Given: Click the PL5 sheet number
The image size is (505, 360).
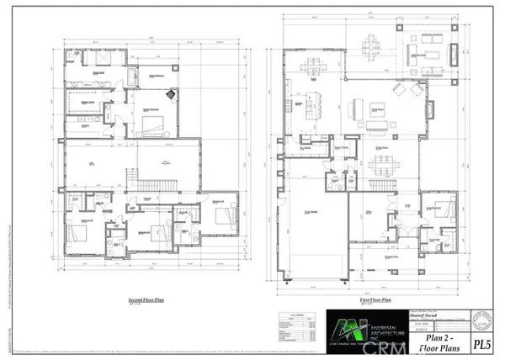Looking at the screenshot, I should pyautogui.click(x=481, y=343).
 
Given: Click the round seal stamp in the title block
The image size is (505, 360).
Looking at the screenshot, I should pyautogui.click(x=482, y=320).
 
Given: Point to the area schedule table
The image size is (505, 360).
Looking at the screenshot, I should pyautogui.click(x=300, y=330).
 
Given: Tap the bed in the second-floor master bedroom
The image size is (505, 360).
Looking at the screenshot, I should pyautogui.click(x=152, y=126).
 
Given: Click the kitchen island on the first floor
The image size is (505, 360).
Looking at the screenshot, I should pyautogui.click(x=319, y=108).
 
